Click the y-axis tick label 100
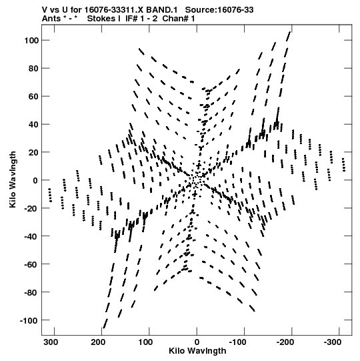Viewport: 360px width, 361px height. (31, 41)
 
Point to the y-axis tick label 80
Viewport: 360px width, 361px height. (33, 68)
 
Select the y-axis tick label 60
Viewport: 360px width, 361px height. (33, 97)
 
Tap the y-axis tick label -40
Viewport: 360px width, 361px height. (31, 236)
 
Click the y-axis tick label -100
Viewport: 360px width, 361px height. (29, 320)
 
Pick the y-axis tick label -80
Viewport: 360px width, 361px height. (31, 292)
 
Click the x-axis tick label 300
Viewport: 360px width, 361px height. (51, 342)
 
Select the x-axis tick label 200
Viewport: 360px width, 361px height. (98, 342)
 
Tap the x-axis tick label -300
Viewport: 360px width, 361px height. (333, 342)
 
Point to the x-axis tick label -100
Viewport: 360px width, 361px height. (237, 342)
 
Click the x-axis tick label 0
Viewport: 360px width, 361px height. (197, 342)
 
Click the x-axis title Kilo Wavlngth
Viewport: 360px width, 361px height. (197, 351)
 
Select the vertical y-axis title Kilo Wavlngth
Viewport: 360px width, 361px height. (13, 179)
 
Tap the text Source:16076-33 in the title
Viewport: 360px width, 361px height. (219, 10)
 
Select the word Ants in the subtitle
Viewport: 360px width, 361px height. (52, 19)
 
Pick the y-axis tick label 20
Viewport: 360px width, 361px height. (33, 152)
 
